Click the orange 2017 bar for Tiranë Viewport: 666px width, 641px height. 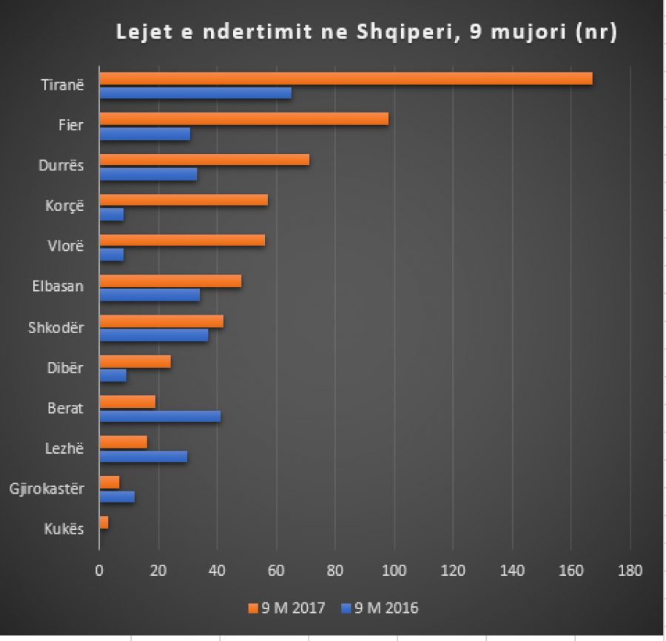tap(346, 78)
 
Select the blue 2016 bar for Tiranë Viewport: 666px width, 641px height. tap(195, 93)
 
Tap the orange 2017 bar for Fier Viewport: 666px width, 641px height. tap(243, 119)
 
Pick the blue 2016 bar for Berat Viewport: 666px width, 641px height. tap(160, 416)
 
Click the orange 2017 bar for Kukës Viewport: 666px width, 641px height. tap(104, 523)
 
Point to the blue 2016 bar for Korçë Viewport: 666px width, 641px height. tap(112, 215)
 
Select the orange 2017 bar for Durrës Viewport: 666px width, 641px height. tap(204, 159)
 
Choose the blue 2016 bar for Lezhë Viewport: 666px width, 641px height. tap(144, 457)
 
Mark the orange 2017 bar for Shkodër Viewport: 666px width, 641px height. tap(161, 321)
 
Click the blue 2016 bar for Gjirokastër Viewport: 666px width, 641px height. tap(117, 497)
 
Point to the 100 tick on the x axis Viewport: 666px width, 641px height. tap(394, 571)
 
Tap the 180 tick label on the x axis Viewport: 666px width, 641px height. tap(630, 571)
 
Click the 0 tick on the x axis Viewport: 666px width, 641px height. tap(99, 571)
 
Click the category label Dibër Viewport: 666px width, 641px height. tap(67, 368)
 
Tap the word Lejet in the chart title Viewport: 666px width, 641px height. tap(141, 33)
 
